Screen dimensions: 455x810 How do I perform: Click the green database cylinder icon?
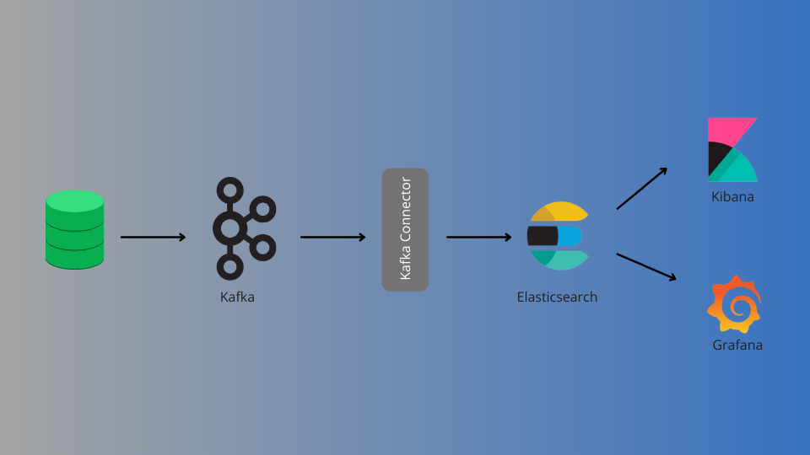coord(74,229)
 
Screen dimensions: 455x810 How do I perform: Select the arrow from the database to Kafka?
coord(153,237)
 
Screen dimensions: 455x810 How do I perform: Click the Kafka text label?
coord(237,297)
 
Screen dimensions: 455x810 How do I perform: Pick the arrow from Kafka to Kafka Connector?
coord(332,237)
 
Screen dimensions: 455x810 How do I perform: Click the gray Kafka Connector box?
coord(405,229)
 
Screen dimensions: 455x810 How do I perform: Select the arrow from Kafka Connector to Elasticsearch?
coord(478,237)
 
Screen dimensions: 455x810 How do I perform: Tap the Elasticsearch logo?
coord(558,236)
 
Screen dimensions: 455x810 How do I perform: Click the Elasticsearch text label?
coord(557,297)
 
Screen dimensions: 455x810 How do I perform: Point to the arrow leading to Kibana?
coord(641,188)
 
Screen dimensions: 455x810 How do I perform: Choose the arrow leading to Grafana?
coord(646,266)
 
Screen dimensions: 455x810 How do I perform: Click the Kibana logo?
coord(732,150)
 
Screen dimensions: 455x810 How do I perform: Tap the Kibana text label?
coord(732,197)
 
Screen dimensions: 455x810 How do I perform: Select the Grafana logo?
coord(734,303)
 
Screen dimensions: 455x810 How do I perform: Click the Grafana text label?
coord(737,345)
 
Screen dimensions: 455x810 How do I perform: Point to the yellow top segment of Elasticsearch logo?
coord(564,211)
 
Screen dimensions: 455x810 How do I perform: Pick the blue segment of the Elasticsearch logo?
coord(570,236)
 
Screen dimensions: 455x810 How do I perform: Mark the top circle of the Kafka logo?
coord(229,189)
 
